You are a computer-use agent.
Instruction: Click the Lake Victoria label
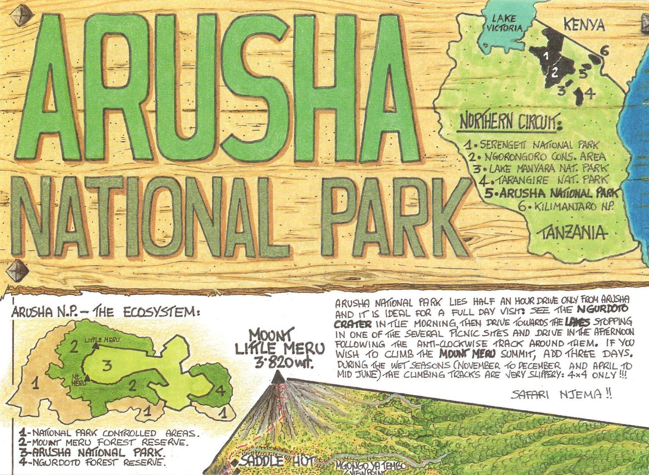coord(503,23)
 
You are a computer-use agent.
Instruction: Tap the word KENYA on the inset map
coord(584,25)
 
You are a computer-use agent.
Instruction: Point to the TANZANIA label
coord(572,233)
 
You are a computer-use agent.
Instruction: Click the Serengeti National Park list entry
coord(532,145)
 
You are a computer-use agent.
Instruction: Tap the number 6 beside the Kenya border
coord(605,51)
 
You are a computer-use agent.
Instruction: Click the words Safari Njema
coord(561,395)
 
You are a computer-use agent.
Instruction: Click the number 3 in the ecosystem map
coord(106,366)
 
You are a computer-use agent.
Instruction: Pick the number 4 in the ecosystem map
coord(220,390)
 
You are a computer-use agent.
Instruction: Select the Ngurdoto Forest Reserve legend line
coord(93,462)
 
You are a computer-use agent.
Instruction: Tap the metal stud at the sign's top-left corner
coord(20,17)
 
